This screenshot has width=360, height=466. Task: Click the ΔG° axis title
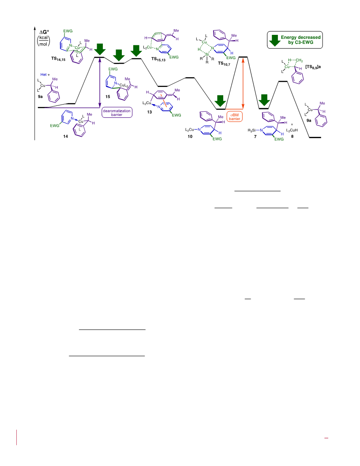point(44,31)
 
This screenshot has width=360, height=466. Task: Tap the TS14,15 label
point(58,59)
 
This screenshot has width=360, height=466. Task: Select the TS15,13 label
point(158,60)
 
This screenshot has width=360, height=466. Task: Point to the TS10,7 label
point(224,64)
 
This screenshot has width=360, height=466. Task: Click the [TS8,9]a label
point(313,67)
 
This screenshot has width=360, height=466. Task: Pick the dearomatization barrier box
point(117,113)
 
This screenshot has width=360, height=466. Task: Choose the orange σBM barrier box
point(234,117)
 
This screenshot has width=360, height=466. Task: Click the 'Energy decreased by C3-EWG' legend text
point(300,40)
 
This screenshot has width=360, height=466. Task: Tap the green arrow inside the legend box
point(275,41)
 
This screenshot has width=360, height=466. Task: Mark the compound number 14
point(65,136)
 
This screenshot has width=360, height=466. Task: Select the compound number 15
point(108,97)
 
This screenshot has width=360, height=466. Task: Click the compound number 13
point(150,112)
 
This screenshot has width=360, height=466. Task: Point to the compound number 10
point(190,136)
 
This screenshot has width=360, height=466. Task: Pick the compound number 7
point(255,137)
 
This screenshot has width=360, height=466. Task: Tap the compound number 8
point(292,137)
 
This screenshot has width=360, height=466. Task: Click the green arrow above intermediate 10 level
point(221,101)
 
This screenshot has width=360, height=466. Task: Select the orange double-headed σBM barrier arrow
point(243,83)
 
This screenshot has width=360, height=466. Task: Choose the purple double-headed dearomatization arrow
point(100,82)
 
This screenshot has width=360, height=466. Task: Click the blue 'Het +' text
point(45,75)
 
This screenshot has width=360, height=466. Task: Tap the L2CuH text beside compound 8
point(292,130)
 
